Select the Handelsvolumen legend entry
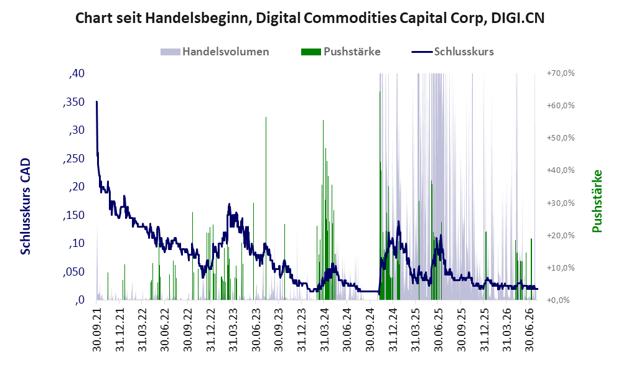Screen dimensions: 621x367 tap(215, 52)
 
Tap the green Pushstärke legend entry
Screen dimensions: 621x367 tap(340, 52)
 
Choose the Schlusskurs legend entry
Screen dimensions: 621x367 tap(452, 52)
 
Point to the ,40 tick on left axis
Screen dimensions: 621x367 tap(77, 73)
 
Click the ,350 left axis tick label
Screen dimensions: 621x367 tap(73, 102)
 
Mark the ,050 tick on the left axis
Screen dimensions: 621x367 tap(73, 272)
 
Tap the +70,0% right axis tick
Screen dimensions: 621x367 tap(561, 73)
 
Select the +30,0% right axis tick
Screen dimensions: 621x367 tap(561, 203)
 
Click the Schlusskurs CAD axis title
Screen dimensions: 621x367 tap(26, 207)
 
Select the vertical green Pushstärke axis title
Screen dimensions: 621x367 tap(597, 201)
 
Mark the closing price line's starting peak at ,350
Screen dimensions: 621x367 tap(96, 102)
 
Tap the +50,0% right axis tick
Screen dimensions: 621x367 tap(561, 138)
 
